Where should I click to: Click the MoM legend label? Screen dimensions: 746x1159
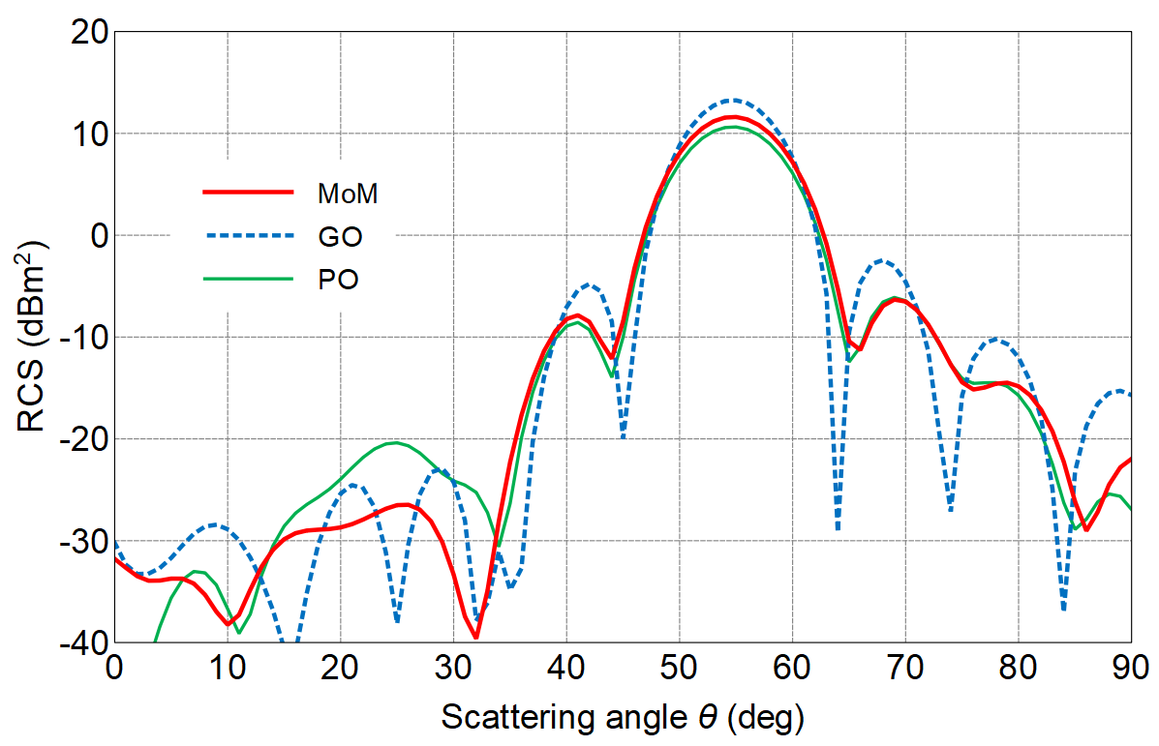(347, 194)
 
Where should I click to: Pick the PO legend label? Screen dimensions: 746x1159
(339, 280)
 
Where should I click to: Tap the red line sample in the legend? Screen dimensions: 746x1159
(248, 193)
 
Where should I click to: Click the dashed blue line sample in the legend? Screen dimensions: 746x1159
(248, 235)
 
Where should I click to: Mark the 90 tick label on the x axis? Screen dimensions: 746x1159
(1130, 668)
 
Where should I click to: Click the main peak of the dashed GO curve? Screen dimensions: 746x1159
(734, 100)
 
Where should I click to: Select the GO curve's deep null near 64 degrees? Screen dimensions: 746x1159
(838, 528)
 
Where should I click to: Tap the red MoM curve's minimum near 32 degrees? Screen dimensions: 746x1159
(476, 637)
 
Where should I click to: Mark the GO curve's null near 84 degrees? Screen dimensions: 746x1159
(1063, 609)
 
